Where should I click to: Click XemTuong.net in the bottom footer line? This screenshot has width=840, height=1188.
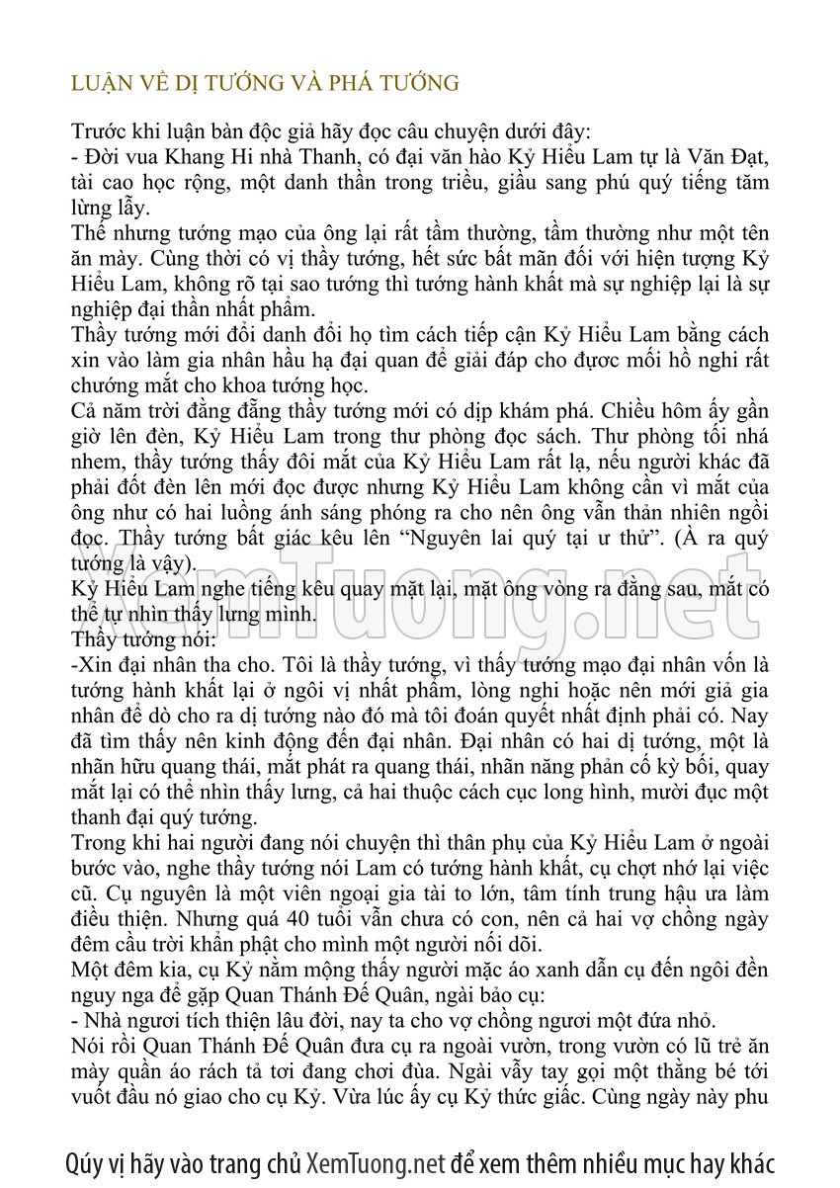(x=377, y=1162)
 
